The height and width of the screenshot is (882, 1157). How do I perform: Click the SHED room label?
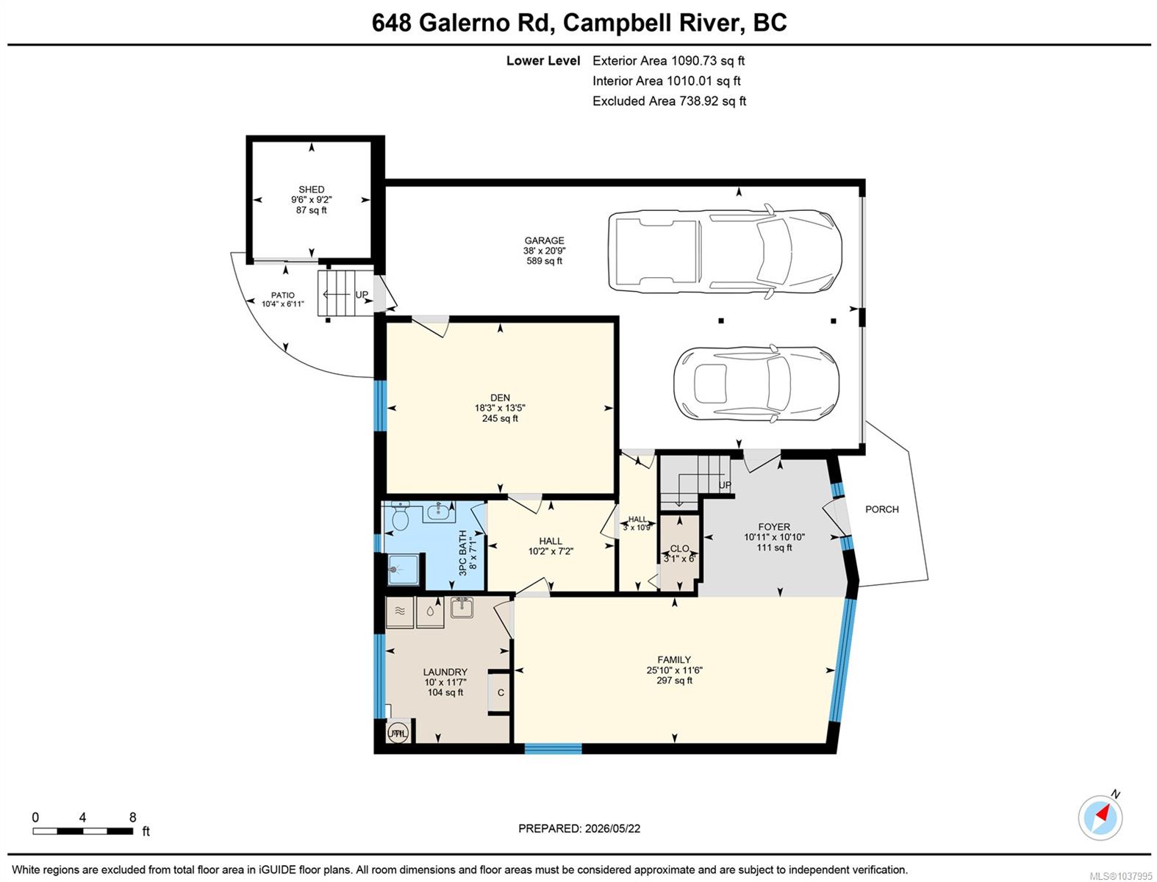click(311, 189)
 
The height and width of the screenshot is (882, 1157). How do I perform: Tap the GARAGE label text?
click(544, 240)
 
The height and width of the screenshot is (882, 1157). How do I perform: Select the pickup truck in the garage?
click(725, 251)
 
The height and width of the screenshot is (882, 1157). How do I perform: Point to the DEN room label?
click(500, 398)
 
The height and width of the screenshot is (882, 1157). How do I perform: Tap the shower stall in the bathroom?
click(404, 569)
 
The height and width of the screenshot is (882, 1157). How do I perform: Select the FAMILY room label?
click(674, 659)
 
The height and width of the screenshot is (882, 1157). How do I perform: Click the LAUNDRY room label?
click(445, 672)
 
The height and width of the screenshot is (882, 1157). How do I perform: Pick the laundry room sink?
click(462, 608)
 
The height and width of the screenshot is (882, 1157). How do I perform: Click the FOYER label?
click(774, 527)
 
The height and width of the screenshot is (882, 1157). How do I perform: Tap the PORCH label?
click(882, 509)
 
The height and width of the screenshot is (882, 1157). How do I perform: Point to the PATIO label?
click(282, 295)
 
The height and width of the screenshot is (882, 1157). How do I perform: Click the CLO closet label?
click(679, 548)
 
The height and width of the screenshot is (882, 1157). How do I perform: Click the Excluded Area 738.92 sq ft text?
click(669, 101)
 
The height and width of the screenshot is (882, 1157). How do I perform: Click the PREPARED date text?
click(579, 828)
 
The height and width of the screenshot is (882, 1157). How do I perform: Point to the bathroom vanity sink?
click(439, 511)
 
